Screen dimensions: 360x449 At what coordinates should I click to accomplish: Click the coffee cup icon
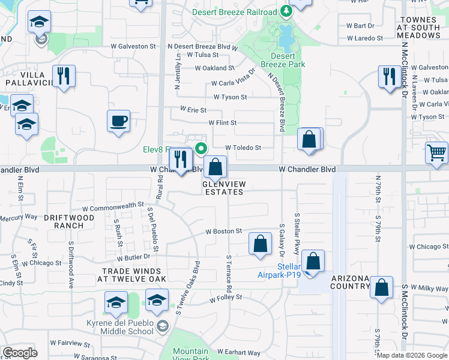coord(118,121)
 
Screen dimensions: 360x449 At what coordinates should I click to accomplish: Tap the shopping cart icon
coord(436,152)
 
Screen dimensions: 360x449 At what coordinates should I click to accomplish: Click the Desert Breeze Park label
coord(283,60)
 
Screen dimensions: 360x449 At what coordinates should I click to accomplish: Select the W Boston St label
coord(223,231)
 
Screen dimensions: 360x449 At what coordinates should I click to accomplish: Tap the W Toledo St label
coord(243,148)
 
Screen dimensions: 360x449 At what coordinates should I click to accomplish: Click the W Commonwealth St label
coord(113,206)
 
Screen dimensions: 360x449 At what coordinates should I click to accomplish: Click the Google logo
coord(20,353)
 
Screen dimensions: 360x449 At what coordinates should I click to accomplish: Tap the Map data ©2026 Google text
coord(412,355)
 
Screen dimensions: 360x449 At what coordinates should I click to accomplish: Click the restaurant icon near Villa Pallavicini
coord(63,76)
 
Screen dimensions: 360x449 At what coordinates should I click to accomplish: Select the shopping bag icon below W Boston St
coord(260,244)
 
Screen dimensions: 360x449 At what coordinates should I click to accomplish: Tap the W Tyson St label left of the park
coord(230,97)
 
